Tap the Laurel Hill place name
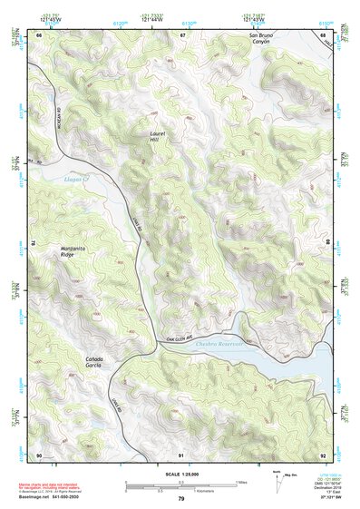160,136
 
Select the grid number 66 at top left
39,34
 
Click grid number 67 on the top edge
182,34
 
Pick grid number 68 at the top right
324,34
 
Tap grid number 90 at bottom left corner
39,454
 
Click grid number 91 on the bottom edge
181,454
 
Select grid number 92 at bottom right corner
324,454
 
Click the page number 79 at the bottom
181,499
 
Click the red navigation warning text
53,488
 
